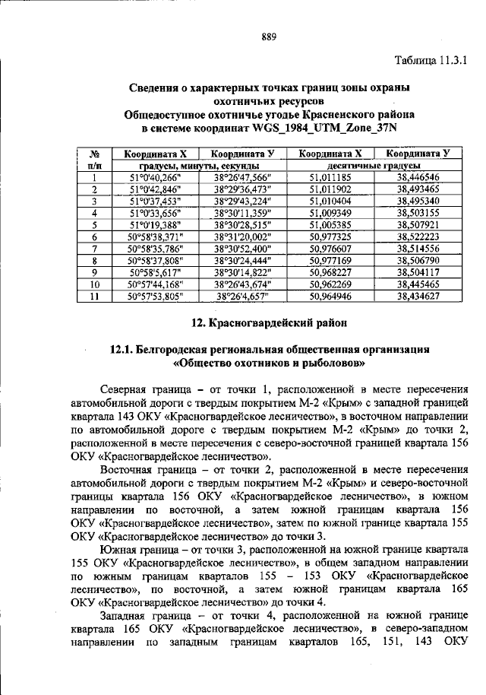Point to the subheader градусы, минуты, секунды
[199, 165]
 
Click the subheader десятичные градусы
[374, 165]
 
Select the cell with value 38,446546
[418, 176]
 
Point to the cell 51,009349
[330, 213]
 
